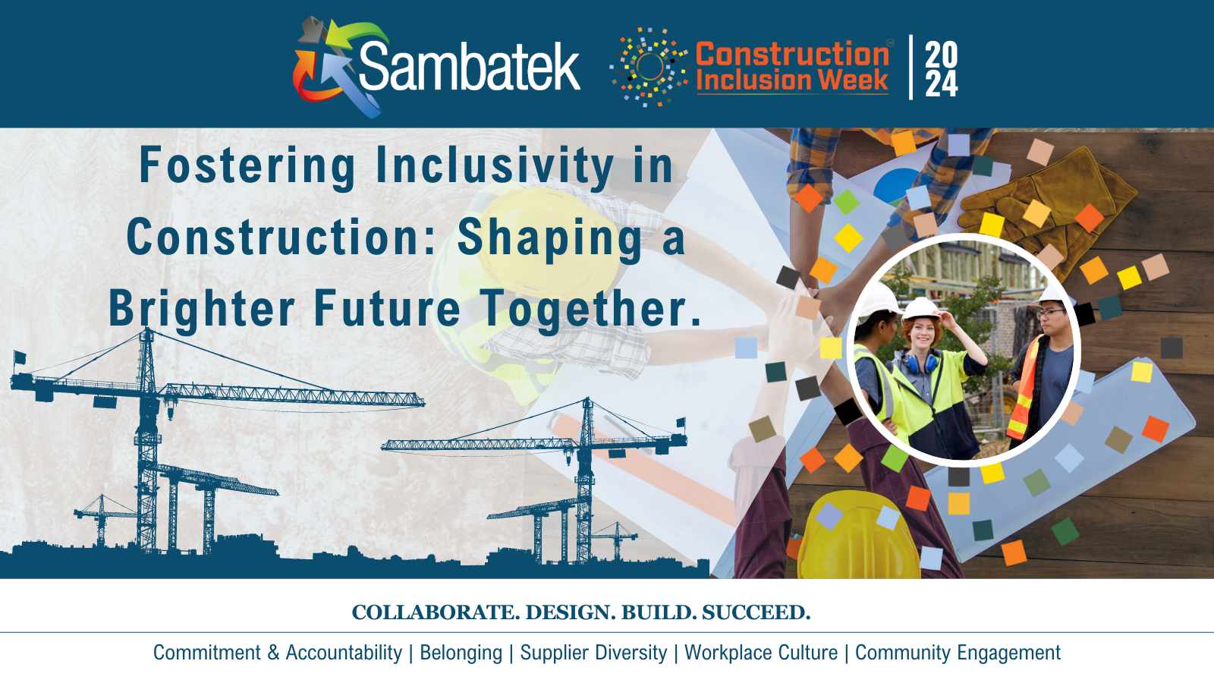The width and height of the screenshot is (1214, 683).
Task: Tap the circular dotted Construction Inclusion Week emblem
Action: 649,67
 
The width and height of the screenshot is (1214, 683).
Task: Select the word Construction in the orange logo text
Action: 792,54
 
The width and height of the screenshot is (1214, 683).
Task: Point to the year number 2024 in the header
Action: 941,69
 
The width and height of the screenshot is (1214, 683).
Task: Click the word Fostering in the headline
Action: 247,166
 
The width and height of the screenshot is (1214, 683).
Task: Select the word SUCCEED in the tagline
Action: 756,612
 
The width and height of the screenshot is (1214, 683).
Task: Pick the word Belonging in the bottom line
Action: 461,653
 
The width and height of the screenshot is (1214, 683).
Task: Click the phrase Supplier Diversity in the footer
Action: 593,653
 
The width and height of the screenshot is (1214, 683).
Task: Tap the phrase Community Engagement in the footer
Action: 958,653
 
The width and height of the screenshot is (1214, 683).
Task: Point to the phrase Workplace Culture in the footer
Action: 761,653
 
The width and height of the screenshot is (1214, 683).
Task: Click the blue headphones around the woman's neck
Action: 920,362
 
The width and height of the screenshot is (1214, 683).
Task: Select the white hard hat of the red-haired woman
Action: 921,308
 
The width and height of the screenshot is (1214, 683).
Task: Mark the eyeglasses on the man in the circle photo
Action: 1051,312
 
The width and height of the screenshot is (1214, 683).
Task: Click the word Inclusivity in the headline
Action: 495,166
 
